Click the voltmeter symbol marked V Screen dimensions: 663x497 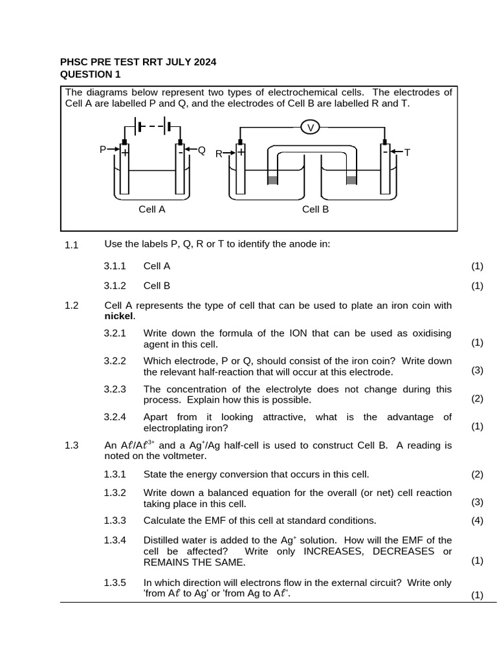tap(311, 128)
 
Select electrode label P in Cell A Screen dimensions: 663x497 tap(102, 150)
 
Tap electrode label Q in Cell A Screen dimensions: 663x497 tap(201, 150)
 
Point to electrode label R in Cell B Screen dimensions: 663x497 tap(219, 154)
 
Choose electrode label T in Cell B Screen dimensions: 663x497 tap(407, 153)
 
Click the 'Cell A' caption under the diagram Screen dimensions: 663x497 tap(152, 209)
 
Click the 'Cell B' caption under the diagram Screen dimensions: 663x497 tap(316, 209)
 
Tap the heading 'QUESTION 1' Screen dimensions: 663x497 tap(91, 74)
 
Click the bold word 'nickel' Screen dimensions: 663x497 tap(118, 316)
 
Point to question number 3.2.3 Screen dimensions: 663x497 tap(115, 389)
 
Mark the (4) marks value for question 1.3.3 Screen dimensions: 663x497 tap(477, 521)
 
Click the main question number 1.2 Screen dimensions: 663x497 tap(71, 305)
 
